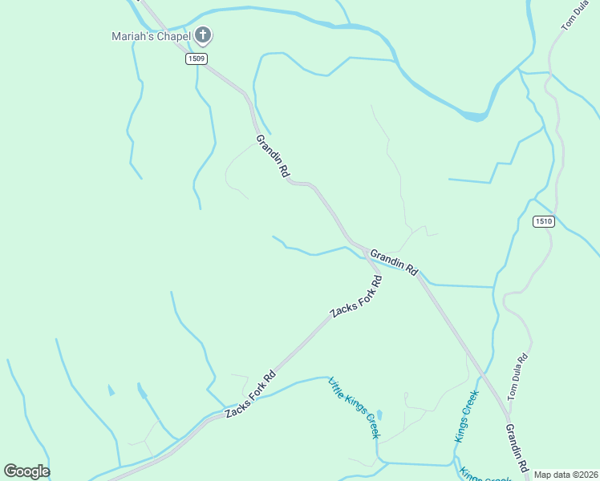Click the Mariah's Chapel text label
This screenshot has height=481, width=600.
[x=151, y=36]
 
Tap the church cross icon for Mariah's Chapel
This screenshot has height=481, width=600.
[x=204, y=35]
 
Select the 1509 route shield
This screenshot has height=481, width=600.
[x=195, y=59]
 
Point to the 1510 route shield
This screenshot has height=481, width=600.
[x=544, y=222]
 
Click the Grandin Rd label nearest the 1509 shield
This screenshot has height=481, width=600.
[x=273, y=157]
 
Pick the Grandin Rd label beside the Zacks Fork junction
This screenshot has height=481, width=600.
[x=394, y=261]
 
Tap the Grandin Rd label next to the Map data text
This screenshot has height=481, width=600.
[x=517, y=448]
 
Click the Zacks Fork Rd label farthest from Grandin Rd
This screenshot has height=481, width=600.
[x=250, y=394]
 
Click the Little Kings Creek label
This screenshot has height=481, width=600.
[x=354, y=408]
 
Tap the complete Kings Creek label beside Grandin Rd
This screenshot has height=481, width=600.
[x=466, y=415]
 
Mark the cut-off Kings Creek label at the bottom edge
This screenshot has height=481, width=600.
[x=486, y=475]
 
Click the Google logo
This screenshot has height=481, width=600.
[x=27, y=471]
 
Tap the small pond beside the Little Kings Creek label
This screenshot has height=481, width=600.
[x=379, y=415]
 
